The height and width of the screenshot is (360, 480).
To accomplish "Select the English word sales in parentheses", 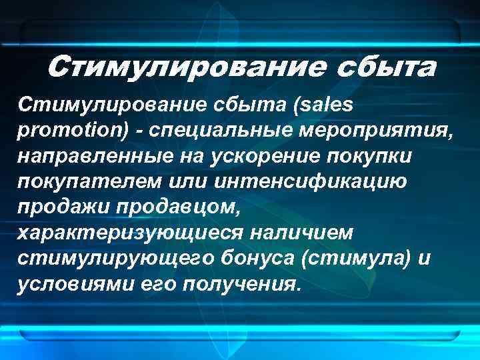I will tap(325, 105).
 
